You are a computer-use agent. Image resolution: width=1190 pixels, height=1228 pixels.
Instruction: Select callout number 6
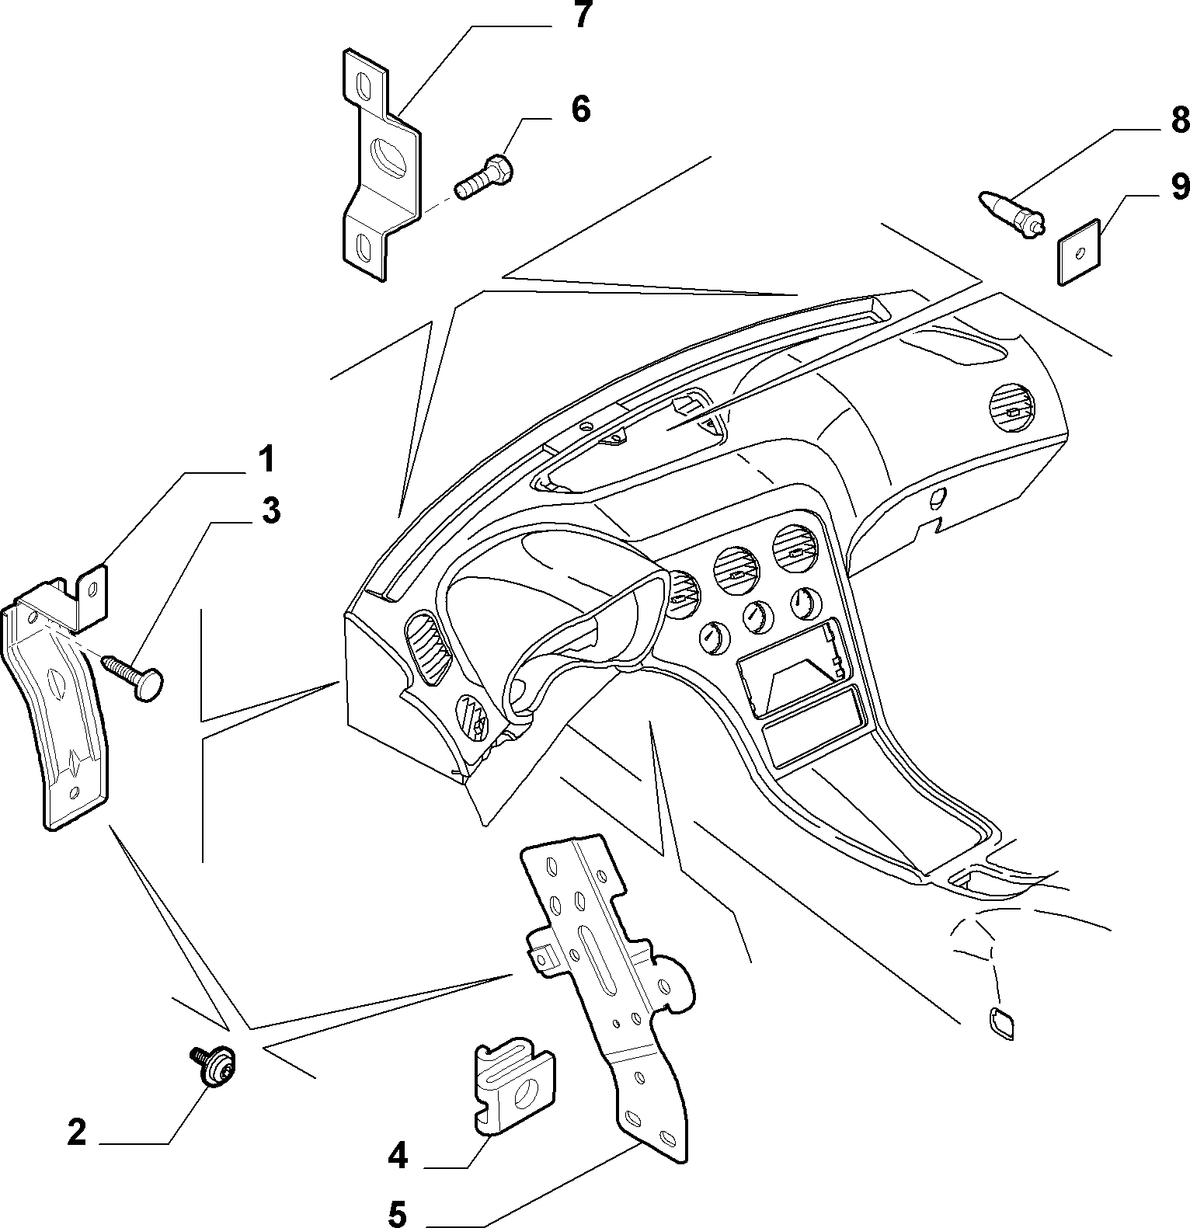[x=581, y=110]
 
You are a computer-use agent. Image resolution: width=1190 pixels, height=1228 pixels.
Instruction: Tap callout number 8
[x=1179, y=120]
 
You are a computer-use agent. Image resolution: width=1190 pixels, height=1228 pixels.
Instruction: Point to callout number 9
[x=1179, y=186]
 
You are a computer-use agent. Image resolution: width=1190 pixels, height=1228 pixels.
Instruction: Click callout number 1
[x=266, y=460]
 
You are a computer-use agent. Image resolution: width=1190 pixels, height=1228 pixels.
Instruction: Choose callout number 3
[x=270, y=511]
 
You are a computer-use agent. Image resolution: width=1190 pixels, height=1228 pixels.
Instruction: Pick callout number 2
[x=76, y=1133]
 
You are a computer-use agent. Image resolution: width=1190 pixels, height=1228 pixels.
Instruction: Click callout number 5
[x=397, y=1214]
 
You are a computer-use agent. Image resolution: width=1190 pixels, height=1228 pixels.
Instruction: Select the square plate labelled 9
[x=1079, y=252]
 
